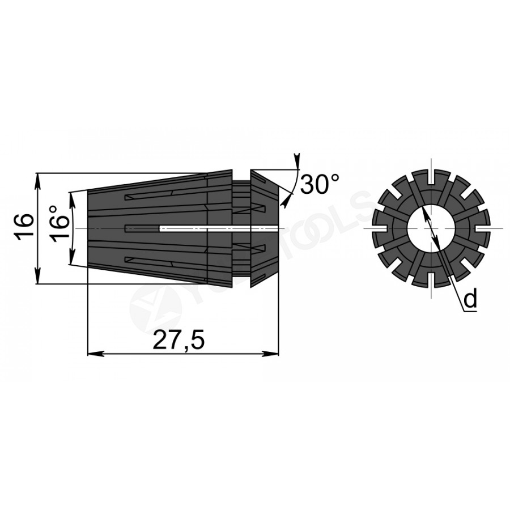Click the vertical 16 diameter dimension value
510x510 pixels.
click(x=25, y=227)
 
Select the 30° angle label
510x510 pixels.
click(x=320, y=184)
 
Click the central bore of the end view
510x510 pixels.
click(x=431, y=228)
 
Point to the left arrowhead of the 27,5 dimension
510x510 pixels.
click(x=96, y=354)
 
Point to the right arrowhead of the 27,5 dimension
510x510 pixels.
click(x=271, y=354)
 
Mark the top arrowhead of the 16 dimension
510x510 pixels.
click(x=39, y=181)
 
